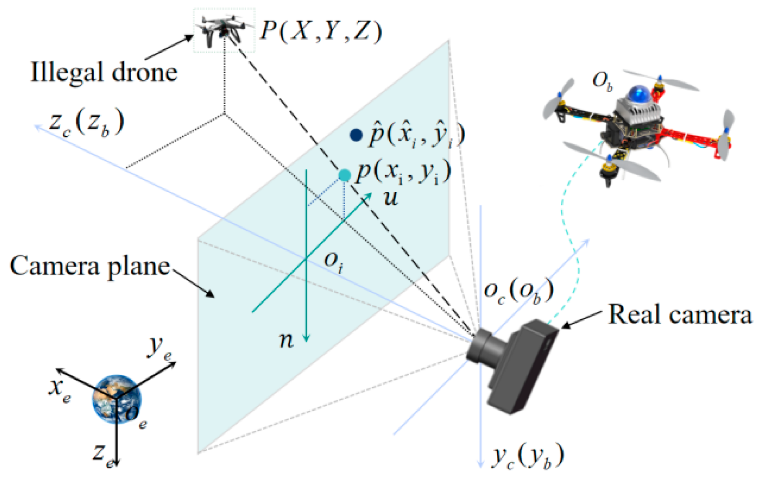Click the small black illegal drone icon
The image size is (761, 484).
click(x=224, y=30)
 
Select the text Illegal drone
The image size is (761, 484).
click(x=104, y=72)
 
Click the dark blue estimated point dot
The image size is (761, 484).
click(x=356, y=135)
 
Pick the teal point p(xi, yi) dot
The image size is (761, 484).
click(x=344, y=176)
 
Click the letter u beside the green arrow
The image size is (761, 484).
click(x=391, y=198)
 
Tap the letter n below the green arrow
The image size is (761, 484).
click(x=286, y=340)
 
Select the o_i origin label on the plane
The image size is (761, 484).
click(x=333, y=262)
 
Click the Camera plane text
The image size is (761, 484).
click(x=90, y=266)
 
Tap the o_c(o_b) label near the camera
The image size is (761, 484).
click(x=519, y=291)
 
